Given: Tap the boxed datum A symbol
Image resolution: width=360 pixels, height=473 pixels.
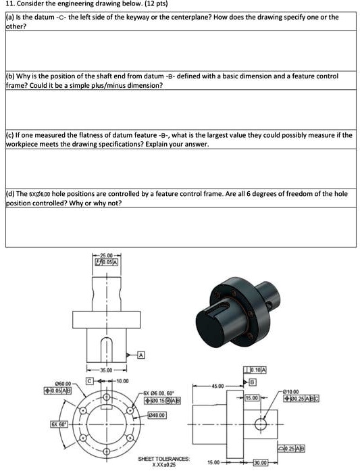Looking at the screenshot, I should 140,355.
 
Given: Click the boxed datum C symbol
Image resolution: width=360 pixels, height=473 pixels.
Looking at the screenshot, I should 88,381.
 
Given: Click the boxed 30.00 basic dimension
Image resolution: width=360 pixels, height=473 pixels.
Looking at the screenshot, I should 261,463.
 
